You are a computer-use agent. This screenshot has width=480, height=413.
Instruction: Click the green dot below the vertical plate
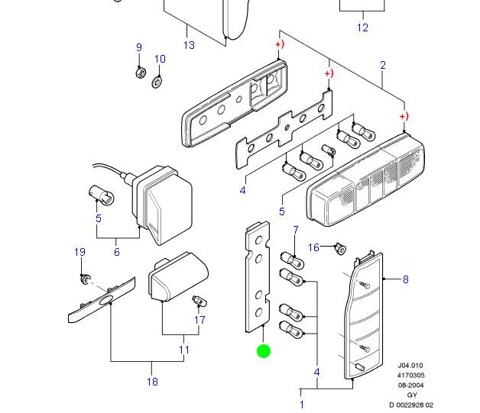(263, 351)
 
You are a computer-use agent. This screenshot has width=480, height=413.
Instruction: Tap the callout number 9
(139, 47)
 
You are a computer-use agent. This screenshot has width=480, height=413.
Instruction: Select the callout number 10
(160, 59)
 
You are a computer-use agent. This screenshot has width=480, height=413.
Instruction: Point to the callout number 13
(190, 45)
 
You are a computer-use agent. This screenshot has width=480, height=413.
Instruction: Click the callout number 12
(362, 27)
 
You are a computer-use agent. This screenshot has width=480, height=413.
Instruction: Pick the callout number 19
(79, 252)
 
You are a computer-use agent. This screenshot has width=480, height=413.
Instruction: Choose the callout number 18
(151, 382)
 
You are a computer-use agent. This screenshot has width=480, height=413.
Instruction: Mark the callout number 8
(406, 279)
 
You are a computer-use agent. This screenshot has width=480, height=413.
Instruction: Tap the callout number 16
(313, 247)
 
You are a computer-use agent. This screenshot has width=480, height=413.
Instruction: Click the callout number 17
(199, 320)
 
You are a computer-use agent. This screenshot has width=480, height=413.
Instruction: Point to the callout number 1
(301, 404)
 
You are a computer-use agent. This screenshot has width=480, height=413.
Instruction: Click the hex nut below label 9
(141, 73)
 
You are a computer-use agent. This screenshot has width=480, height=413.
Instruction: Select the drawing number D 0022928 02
(410, 404)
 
